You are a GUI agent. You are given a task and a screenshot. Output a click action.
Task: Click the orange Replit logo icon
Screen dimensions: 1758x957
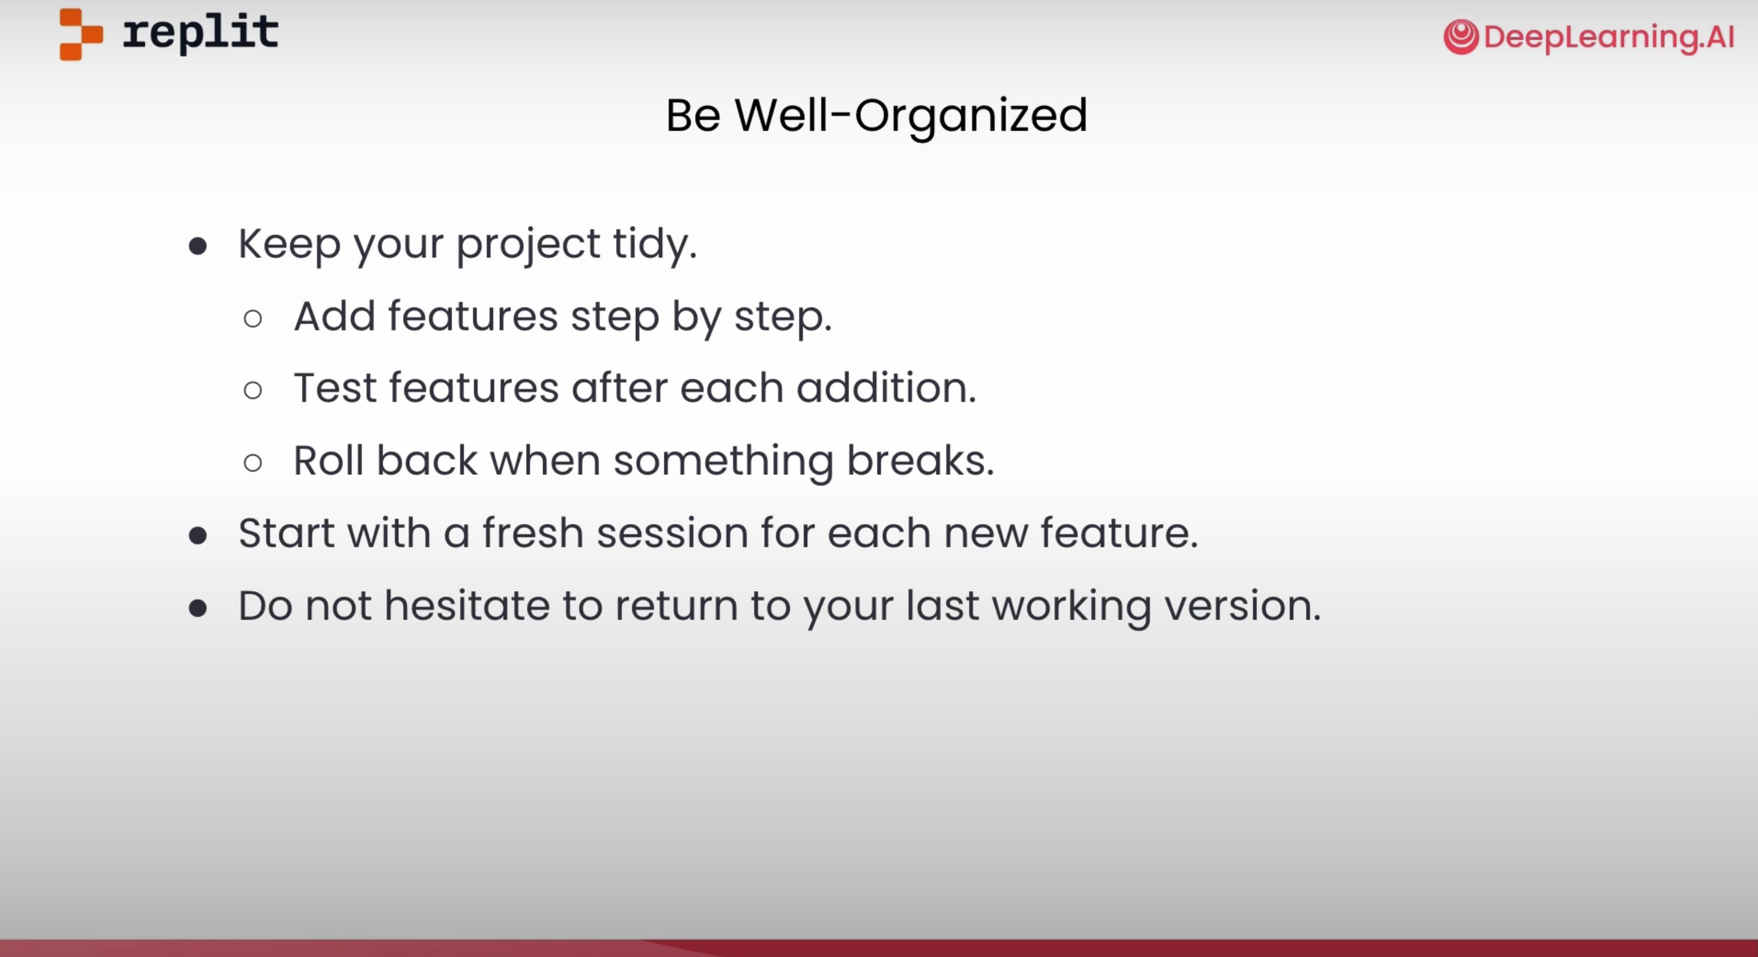tap(81, 34)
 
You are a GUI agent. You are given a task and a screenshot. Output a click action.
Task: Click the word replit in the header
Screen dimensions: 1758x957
tap(201, 33)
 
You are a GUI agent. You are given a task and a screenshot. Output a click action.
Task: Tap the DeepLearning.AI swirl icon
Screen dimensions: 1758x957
tap(1461, 37)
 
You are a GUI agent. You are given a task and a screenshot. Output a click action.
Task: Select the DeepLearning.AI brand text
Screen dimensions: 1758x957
tap(1609, 37)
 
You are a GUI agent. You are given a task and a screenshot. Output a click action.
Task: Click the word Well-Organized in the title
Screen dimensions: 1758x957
tap(911, 116)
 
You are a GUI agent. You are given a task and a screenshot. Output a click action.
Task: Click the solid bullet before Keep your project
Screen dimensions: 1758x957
tap(198, 246)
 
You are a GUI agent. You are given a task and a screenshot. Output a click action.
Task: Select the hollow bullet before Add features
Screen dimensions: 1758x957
tap(253, 318)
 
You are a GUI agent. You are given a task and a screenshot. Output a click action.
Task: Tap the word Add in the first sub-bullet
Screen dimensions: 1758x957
tap(334, 316)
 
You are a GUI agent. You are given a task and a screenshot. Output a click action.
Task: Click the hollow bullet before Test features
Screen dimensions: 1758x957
tap(253, 390)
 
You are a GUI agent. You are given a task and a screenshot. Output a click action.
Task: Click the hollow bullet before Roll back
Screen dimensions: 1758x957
tap(253, 463)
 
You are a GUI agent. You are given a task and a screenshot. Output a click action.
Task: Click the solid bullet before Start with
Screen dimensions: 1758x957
tap(198, 536)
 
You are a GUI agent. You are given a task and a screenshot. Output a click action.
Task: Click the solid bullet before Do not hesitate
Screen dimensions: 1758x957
tap(198, 608)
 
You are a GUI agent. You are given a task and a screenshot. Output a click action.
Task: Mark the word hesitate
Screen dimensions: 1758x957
tap(467, 606)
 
